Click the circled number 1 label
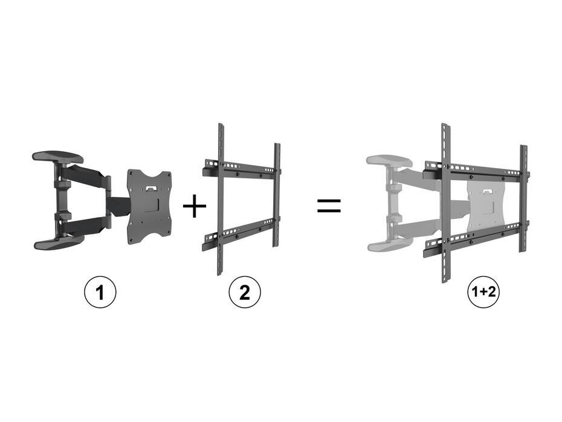point(99,293)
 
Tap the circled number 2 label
point(244,293)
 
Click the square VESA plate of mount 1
point(149,206)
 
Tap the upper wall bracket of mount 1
point(58,158)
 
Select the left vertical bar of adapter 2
point(221,200)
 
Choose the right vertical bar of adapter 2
point(277,193)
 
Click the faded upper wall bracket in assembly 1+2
point(390,161)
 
